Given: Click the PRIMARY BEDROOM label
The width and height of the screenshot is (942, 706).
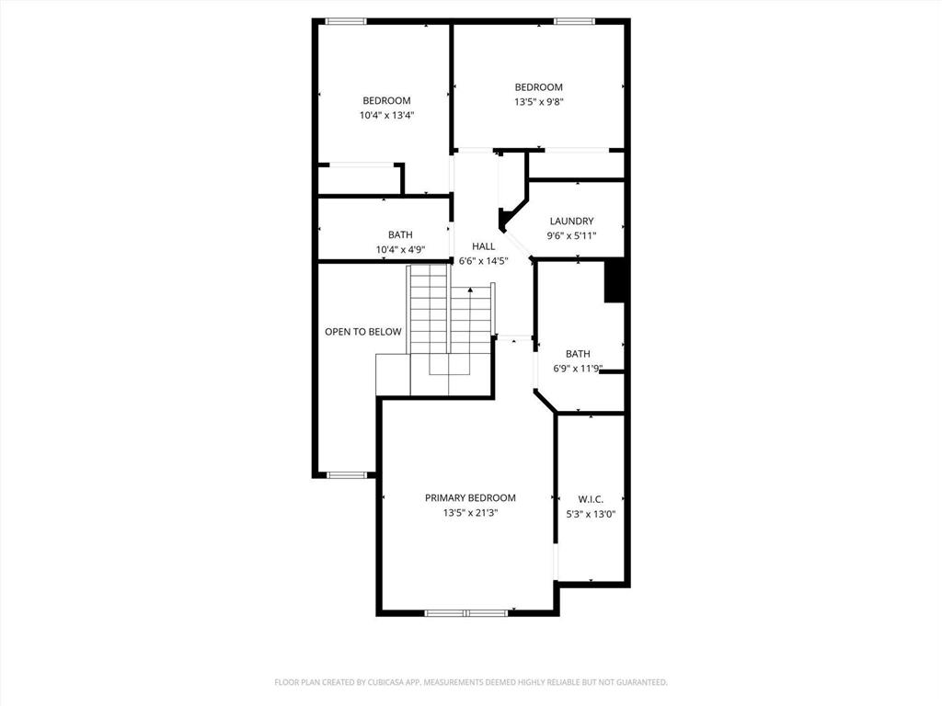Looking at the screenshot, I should tap(470, 497).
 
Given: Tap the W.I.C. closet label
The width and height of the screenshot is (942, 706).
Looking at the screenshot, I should tap(591, 498).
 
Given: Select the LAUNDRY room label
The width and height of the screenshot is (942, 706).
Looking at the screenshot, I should tap(571, 221).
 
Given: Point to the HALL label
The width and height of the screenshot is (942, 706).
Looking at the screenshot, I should tap(484, 245).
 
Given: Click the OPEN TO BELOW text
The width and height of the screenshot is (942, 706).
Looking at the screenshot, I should tap(363, 332).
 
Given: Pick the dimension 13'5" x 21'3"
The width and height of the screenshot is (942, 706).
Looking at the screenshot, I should tap(470, 513).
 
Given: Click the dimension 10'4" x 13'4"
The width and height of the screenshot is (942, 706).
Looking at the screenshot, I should tap(386, 116).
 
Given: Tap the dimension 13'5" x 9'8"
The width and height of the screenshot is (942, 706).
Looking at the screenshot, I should tap(538, 102).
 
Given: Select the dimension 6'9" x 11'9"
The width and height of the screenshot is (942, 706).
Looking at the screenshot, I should tap(578, 369).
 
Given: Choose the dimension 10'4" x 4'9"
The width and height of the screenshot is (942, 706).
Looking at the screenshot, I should tap(400, 249).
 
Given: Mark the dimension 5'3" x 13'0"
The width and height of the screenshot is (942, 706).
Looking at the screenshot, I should tap(591, 514).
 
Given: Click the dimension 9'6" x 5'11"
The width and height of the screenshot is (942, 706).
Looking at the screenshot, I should tap(571, 235).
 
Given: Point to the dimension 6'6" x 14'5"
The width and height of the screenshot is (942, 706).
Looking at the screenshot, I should tap(484, 260).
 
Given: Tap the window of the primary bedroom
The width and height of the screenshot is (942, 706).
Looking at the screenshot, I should tap(466, 612).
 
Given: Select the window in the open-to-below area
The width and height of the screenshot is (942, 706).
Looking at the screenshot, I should tap(347, 475).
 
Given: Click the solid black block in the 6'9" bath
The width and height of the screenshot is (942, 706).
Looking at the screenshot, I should tap(615, 280).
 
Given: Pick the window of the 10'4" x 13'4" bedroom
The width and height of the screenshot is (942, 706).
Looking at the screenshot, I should tap(347, 20).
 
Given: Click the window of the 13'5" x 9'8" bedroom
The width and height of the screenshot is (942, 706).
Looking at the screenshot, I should tap(574, 20).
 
